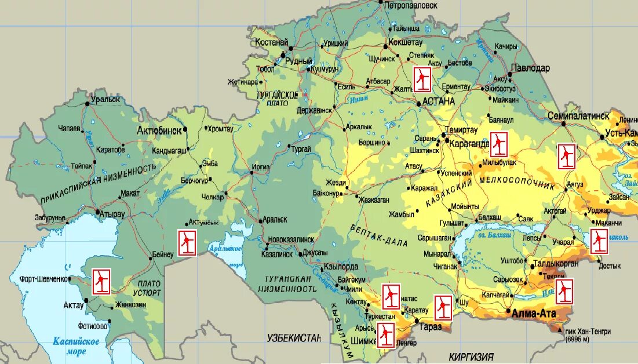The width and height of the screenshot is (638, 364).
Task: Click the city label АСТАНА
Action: click(x=439, y=101)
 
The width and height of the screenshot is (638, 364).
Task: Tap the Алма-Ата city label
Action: click(x=532, y=313)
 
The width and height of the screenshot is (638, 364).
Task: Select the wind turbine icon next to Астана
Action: click(x=422, y=79)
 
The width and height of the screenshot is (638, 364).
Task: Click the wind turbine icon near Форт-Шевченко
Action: click(x=101, y=282)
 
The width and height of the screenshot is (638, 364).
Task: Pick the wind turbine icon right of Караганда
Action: click(x=499, y=144)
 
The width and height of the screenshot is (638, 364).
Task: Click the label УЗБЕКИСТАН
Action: click(x=293, y=337)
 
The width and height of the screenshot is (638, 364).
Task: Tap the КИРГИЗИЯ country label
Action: click(x=472, y=356)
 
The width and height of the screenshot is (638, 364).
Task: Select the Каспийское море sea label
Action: click(x=75, y=346)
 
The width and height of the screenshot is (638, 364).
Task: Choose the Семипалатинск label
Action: click(x=578, y=116)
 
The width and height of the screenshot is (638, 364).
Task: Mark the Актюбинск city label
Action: click(x=159, y=130)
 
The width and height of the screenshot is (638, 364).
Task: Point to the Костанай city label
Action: click(x=271, y=42)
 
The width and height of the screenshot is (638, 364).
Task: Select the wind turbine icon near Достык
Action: click(x=599, y=241)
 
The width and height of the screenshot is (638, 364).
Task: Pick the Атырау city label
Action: click(x=112, y=214)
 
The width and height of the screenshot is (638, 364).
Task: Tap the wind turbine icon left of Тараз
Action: click(x=443, y=307)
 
